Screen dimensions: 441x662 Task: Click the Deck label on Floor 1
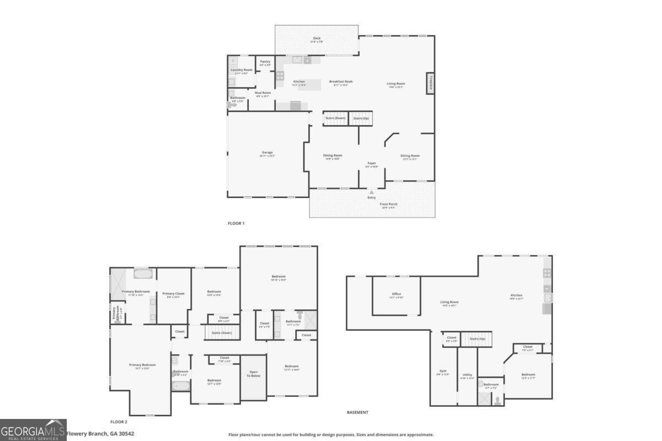click(317, 39)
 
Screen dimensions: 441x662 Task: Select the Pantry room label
click(265, 62)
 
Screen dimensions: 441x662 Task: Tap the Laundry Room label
click(241, 70)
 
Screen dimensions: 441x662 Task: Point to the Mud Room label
click(263, 93)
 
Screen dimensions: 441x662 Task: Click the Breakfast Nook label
click(341, 82)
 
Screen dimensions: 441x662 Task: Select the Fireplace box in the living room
click(430, 82)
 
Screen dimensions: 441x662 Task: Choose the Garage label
click(268, 153)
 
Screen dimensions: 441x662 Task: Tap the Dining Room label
click(333, 155)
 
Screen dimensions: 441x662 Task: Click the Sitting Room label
click(410, 155)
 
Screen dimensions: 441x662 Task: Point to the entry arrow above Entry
click(371, 192)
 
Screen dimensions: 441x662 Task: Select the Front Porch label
click(388, 204)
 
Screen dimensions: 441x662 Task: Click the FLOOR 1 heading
click(236, 223)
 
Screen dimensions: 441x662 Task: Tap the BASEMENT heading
click(357, 412)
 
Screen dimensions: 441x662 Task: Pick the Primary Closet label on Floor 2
click(174, 294)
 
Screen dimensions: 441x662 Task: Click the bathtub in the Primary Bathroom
click(143, 273)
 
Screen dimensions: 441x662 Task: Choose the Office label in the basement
click(396, 294)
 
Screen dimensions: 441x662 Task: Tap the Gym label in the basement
click(443, 371)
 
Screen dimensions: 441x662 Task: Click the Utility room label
click(467, 375)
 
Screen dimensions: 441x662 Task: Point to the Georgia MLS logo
click(33, 430)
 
